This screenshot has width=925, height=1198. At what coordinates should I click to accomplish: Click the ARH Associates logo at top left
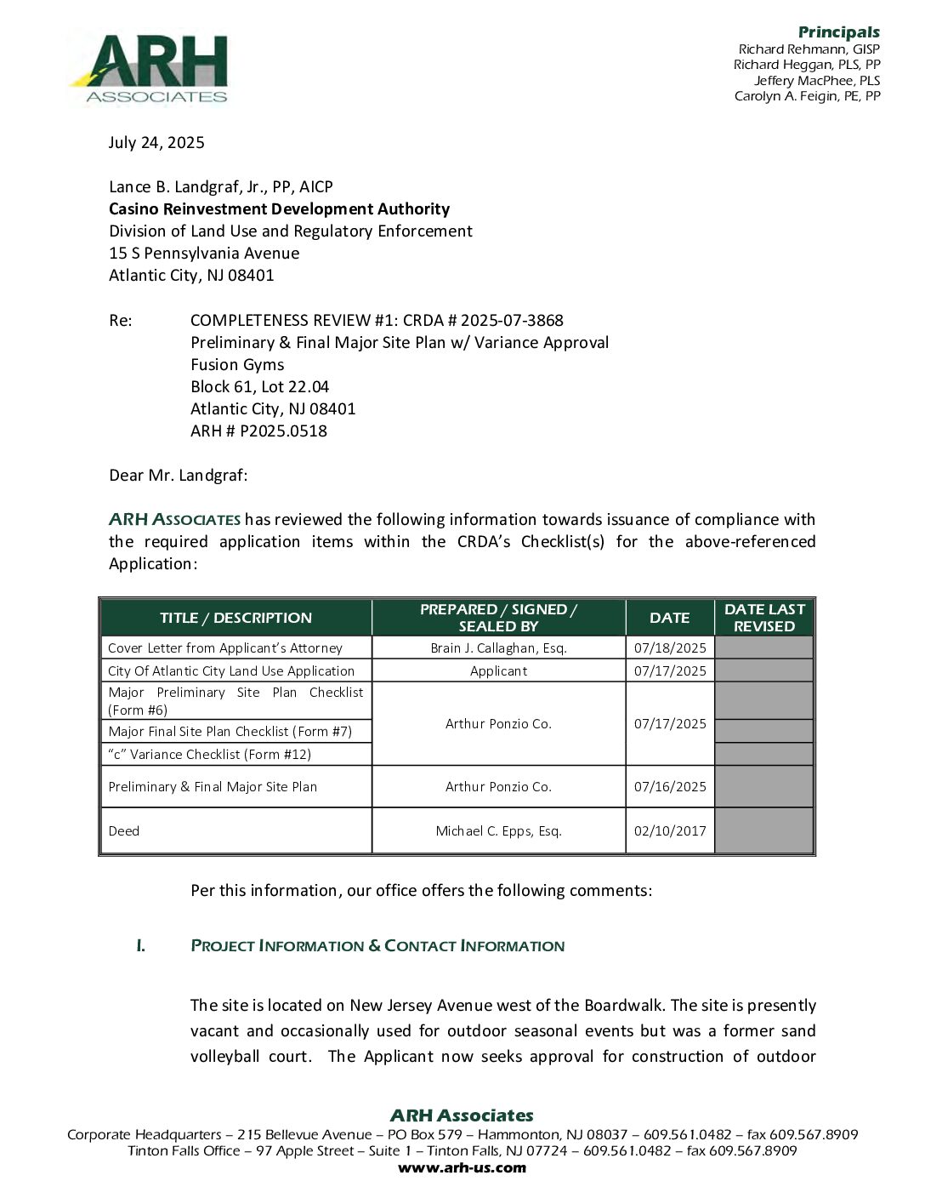coord(150,69)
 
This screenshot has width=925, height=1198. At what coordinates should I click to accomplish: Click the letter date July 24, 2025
coord(156,143)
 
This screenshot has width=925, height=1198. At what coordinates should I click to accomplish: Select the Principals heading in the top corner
coord(838,32)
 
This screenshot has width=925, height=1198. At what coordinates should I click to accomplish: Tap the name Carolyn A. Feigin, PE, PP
coord(807,96)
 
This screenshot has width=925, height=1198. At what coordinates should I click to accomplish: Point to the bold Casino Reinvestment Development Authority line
coord(279,209)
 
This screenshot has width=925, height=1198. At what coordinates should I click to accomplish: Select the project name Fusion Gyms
coord(237,365)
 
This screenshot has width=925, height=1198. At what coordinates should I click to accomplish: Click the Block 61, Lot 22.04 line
coord(259,387)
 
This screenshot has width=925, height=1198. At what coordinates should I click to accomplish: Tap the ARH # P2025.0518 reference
coord(258,431)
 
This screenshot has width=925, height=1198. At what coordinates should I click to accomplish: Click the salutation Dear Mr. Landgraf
coord(179,476)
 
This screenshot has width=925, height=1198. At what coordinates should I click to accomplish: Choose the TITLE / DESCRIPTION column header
coord(236,618)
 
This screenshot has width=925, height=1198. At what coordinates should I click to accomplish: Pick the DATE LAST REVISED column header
coord(764,618)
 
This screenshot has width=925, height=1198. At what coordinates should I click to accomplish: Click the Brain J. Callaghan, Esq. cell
coord(498,648)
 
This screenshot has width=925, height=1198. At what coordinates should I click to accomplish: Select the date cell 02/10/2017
coord(670,831)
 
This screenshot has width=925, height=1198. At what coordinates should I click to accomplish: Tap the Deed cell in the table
coord(124,831)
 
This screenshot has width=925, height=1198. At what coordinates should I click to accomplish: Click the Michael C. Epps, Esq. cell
coord(498,831)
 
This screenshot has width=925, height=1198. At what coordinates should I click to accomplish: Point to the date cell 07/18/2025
coord(670,648)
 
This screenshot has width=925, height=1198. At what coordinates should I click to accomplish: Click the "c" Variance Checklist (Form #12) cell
coord(209,755)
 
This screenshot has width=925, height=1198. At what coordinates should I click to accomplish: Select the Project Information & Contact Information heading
coord(377,946)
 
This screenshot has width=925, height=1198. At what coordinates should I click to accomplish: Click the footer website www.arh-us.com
coord(462,1167)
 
